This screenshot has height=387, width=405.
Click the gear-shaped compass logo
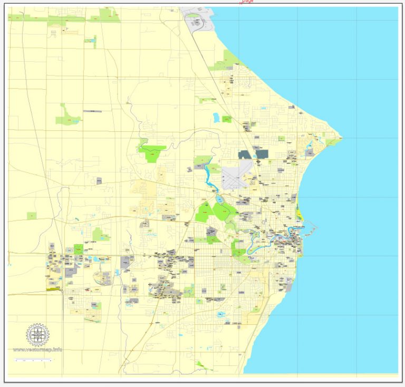point(38,334)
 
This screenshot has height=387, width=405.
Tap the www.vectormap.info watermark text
point(37,350)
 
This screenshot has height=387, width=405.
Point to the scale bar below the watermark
point(33,360)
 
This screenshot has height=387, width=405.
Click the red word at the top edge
point(247,2)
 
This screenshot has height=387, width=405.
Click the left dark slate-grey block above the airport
point(245,154)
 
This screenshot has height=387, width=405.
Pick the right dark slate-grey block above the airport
point(262,154)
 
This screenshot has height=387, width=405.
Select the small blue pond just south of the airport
point(219,199)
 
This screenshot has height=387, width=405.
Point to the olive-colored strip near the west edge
point(53,288)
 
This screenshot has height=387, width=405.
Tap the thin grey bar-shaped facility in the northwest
point(92,111)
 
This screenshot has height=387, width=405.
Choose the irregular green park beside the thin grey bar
point(68,115)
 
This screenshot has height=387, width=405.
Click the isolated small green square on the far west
point(32,216)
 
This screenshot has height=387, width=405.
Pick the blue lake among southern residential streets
point(221,315)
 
